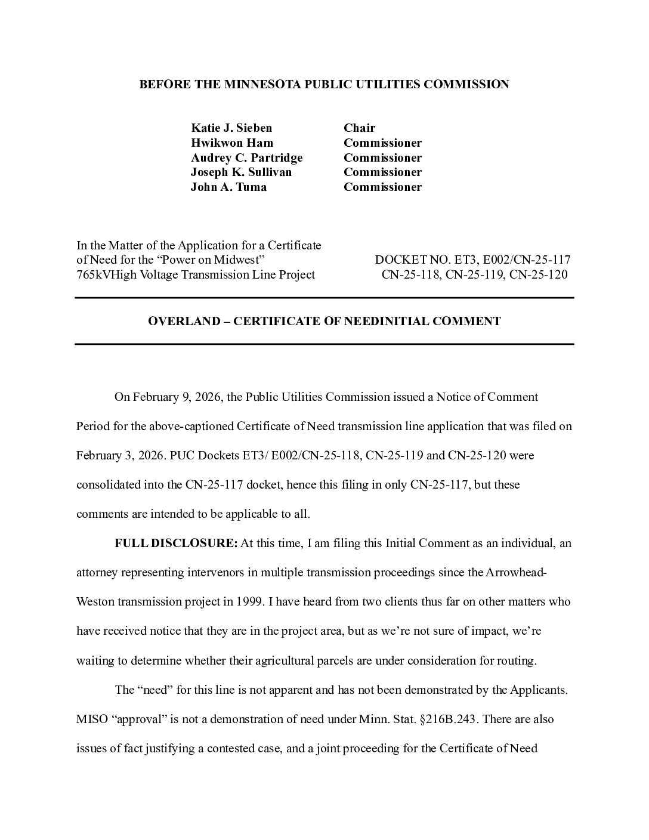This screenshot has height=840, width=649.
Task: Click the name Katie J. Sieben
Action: click(231, 128)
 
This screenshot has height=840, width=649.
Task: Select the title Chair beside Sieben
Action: click(359, 128)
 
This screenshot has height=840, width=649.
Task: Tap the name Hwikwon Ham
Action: click(232, 143)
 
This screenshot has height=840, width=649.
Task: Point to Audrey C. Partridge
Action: click(246, 158)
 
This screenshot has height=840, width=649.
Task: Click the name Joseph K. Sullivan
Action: click(241, 172)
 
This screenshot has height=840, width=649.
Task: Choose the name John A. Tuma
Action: click(228, 187)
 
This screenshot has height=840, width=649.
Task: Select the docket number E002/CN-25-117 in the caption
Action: click(527, 260)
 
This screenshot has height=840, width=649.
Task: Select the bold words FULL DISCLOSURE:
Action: click(176, 543)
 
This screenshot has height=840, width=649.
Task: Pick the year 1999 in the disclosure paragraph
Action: click(249, 602)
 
